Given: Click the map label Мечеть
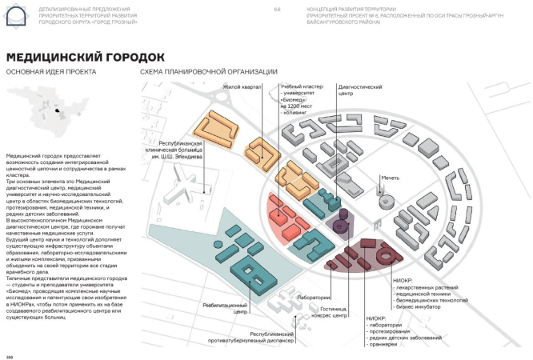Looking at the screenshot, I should pos(391,177).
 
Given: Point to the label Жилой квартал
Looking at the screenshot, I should pos(247,86).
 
